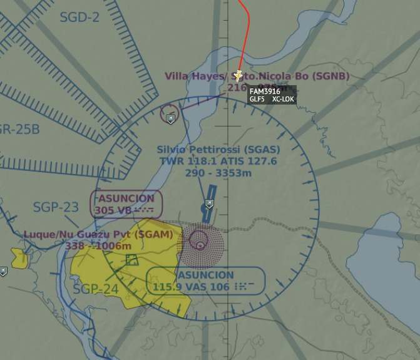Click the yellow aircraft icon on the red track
pyautogui.click(x=238, y=76)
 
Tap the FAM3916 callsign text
pyautogui.click(x=264, y=91)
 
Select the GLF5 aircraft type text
pyautogui.click(x=257, y=99)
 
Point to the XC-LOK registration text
pyautogui.click(x=283, y=99)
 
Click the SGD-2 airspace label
pyautogui.click(x=79, y=17)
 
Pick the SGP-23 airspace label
pyautogui.click(x=56, y=207)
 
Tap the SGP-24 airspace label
pyautogui.click(x=95, y=289)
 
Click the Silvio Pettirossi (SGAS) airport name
pyautogui.click(x=218, y=150)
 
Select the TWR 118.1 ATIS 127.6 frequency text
pyautogui.click(x=218, y=161)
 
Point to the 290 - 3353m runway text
pyautogui.click(x=218, y=172)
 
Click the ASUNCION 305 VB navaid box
pyautogui.click(x=126, y=204)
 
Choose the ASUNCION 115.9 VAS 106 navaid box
pyautogui.click(x=205, y=280)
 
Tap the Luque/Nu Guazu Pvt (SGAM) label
pyautogui.click(x=98, y=234)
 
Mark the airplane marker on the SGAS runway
pyautogui.click(x=210, y=203)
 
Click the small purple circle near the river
pyautogui.click(x=169, y=113)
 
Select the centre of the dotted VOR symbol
pyautogui.click(x=200, y=240)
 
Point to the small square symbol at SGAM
pyautogui.click(x=131, y=259)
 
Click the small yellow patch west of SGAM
pyautogui.click(x=18, y=256)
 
